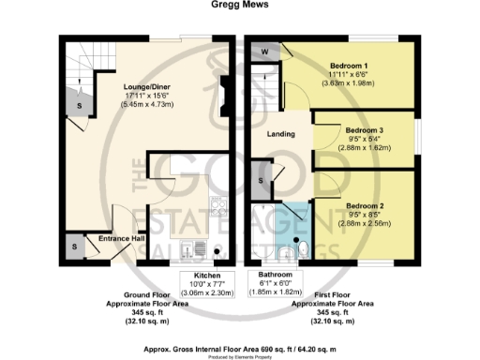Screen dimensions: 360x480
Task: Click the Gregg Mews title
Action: tap(239, 5)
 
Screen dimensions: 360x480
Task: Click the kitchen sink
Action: tap(192, 248)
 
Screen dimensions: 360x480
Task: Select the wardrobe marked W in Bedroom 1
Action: tap(265, 51)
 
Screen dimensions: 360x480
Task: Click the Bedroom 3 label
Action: tap(364, 129)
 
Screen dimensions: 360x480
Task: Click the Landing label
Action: tap(282, 135)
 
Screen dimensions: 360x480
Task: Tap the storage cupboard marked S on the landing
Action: tap(264, 175)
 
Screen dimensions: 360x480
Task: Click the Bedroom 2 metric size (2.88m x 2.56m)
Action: tap(364, 225)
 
